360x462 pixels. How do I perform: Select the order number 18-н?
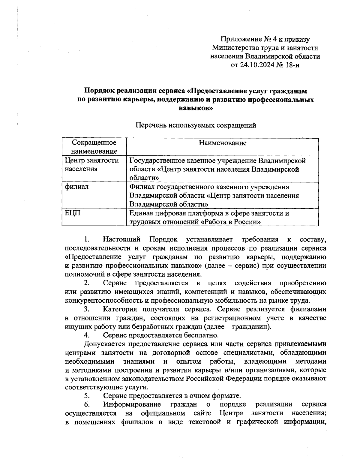293,65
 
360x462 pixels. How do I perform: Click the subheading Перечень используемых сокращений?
196,125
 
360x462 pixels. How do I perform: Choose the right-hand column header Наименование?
223,143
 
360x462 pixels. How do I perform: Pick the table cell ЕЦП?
71,213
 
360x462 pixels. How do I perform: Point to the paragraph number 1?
87,239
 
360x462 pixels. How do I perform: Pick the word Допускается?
106,343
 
